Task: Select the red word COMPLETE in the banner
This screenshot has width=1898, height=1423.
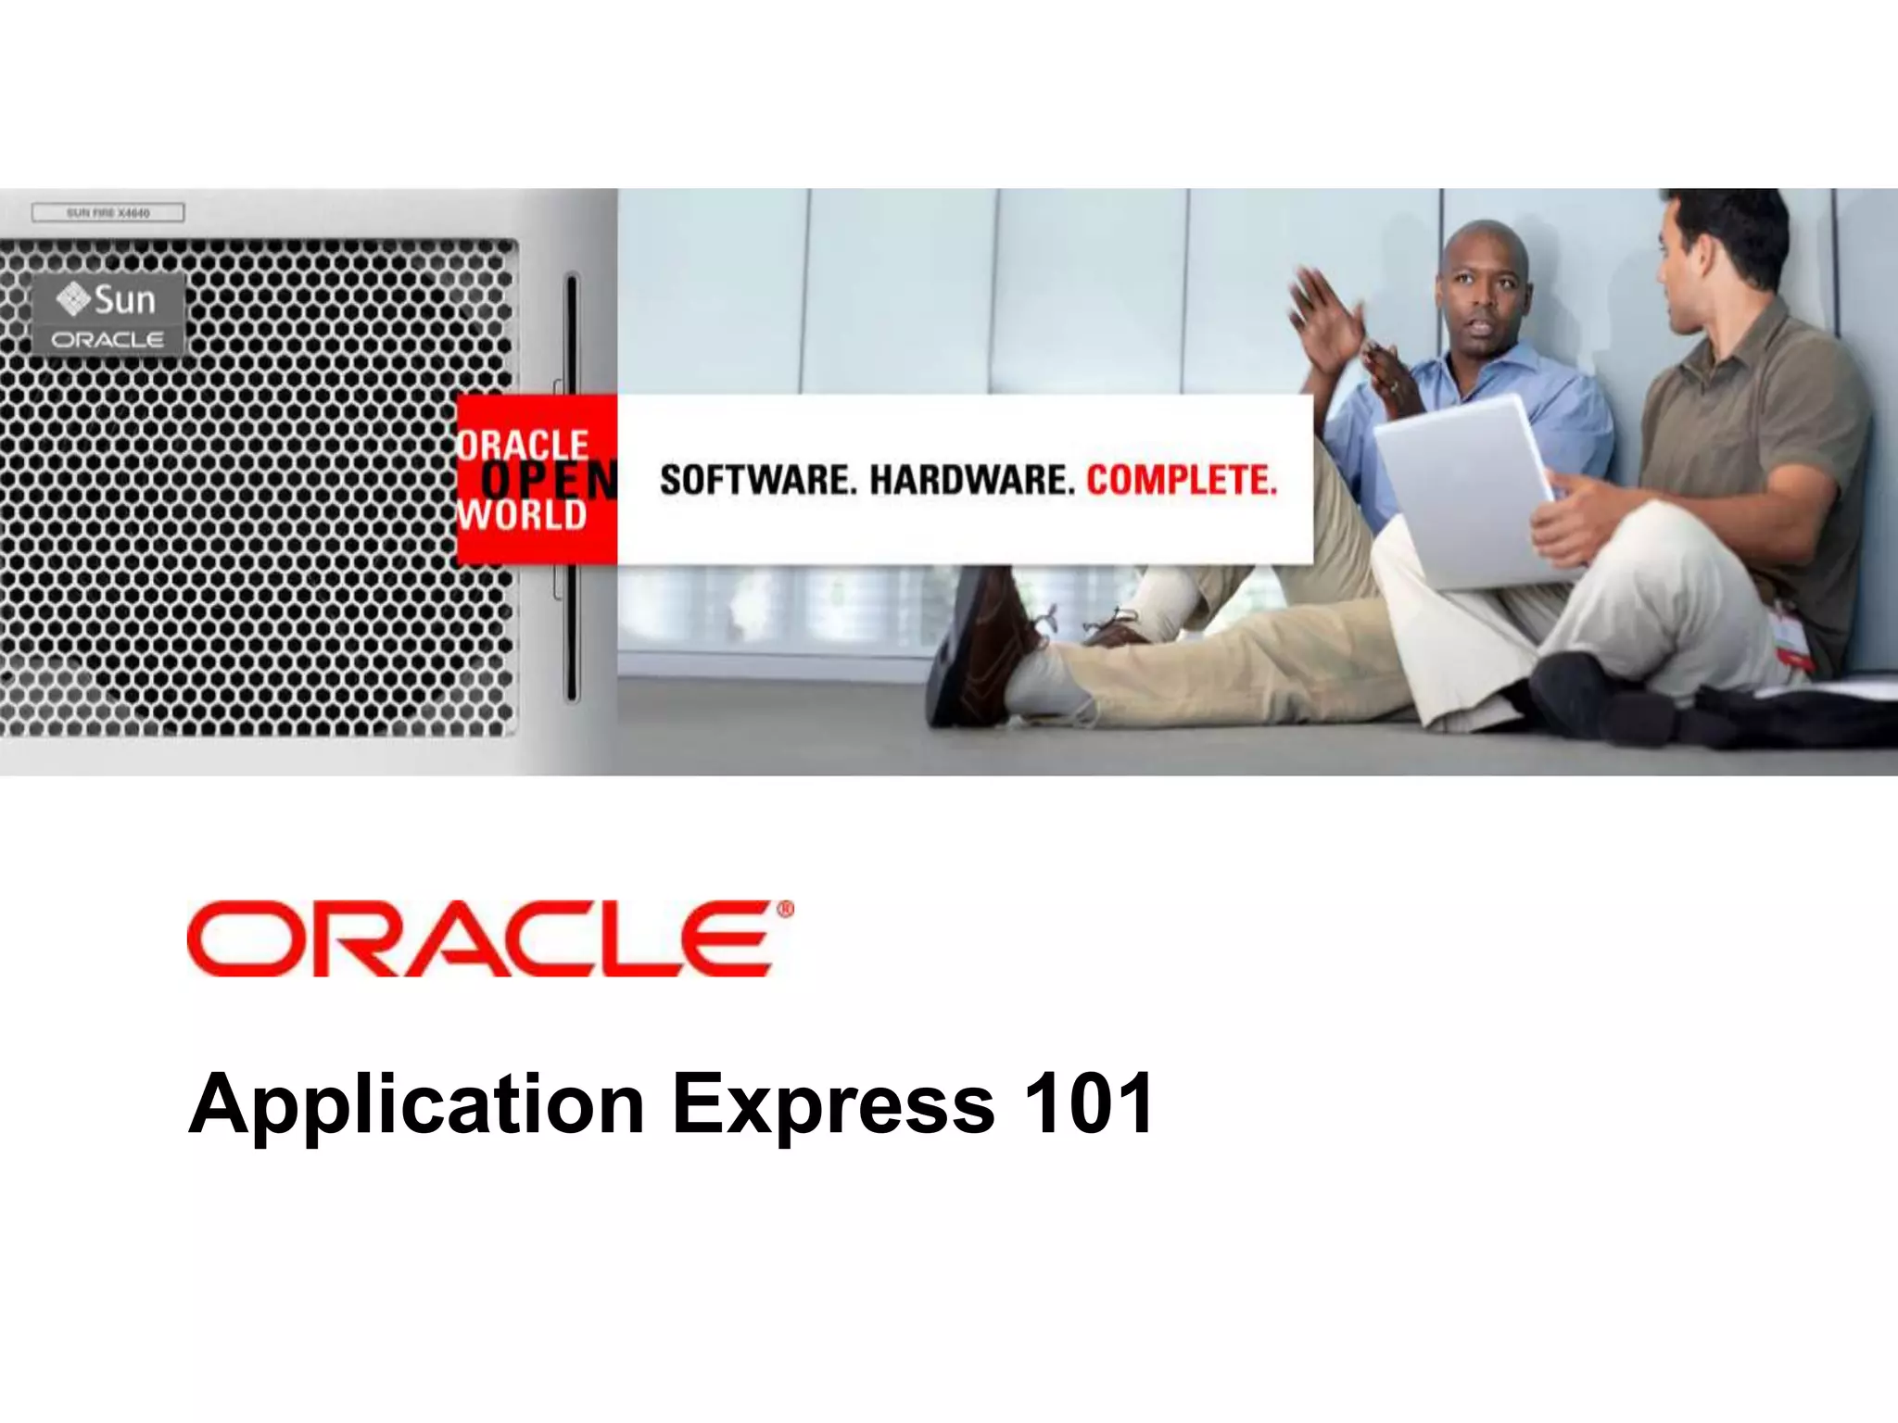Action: pyautogui.click(x=1182, y=481)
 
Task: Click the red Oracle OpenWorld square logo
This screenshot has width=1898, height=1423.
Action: pyautogui.click(x=537, y=479)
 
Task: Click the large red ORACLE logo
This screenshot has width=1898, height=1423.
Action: pyautogui.click(x=478, y=938)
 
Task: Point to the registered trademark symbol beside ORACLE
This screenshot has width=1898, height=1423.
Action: pyautogui.click(x=786, y=911)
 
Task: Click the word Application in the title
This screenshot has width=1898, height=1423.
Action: pyautogui.click(x=416, y=1104)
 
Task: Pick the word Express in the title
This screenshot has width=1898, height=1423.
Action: pyautogui.click(x=833, y=1104)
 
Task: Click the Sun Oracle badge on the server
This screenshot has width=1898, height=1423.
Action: pyautogui.click(x=109, y=315)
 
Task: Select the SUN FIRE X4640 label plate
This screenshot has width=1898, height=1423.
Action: pyautogui.click(x=108, y=213)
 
